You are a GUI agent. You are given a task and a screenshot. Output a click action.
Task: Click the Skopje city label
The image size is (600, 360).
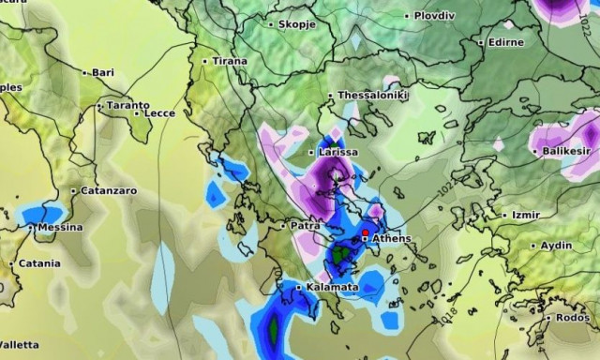point(295,23)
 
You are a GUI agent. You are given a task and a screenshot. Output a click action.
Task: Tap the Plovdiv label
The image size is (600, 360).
point(439,16)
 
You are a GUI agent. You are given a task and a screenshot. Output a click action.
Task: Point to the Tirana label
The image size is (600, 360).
point(230,61)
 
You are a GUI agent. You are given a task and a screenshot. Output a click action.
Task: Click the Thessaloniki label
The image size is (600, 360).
point(373,96)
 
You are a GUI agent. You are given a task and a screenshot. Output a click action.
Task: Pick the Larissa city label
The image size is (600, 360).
point(337,152)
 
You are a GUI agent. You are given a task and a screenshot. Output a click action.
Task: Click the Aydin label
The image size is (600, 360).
point(556,246)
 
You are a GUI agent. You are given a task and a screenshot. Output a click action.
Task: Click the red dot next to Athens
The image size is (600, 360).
point(365,231)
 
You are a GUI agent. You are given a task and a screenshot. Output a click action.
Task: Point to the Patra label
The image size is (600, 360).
point(305,226)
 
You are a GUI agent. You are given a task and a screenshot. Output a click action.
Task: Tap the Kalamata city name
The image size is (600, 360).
point(332,287)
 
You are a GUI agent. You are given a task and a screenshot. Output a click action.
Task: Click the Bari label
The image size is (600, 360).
point(102,72)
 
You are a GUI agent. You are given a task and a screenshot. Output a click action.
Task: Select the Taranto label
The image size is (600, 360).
point(127,106)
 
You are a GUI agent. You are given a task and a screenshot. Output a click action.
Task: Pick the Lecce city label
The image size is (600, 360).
point(159,113)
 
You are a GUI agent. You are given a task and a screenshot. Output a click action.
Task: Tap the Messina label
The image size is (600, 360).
point(60,228)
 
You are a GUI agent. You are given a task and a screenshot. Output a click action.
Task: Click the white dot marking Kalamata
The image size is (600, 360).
point(299,287)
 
